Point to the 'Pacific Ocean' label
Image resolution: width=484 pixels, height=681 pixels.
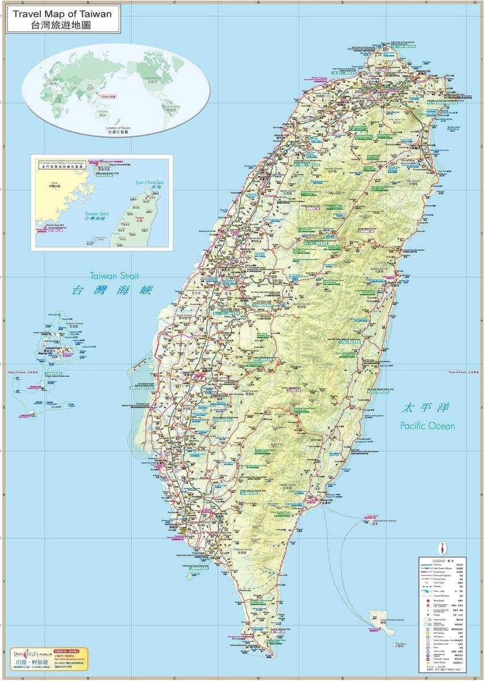pyautogui.click(x=427, y=425)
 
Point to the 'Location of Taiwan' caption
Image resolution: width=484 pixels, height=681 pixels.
pyautogui.click(x=119, y=128)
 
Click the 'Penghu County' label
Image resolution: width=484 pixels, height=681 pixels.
pyautogui.click(x=75, y=324)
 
